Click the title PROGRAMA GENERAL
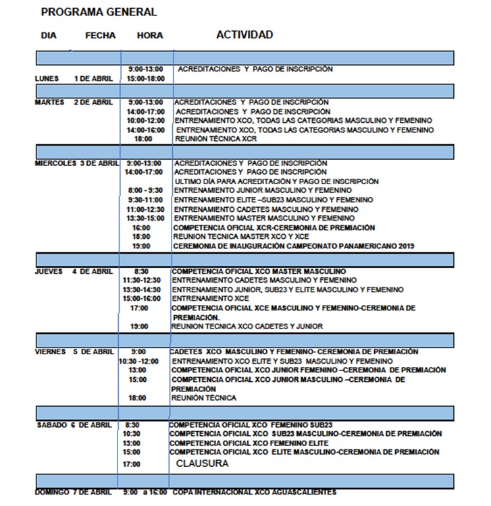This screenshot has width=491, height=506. pos(99,12)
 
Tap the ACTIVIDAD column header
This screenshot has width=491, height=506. pos(244,34)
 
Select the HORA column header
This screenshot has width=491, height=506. pos(149,36)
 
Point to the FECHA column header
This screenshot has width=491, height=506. pos(101,36)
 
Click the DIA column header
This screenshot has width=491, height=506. pos(49,36)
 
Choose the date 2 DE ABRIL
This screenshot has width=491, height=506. pos(93,103)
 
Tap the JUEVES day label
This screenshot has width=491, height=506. pos(49,271)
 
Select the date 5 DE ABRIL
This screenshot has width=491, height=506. pos(95,352)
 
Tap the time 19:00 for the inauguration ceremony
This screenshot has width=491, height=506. pos(141,246)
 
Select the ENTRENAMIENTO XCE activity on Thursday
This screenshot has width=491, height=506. pos(211,299)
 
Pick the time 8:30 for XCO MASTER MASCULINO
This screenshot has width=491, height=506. pos(141,271)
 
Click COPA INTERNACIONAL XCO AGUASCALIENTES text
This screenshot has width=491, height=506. pos(254,493)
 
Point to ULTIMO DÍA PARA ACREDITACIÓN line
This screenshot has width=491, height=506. pos(276,181)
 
